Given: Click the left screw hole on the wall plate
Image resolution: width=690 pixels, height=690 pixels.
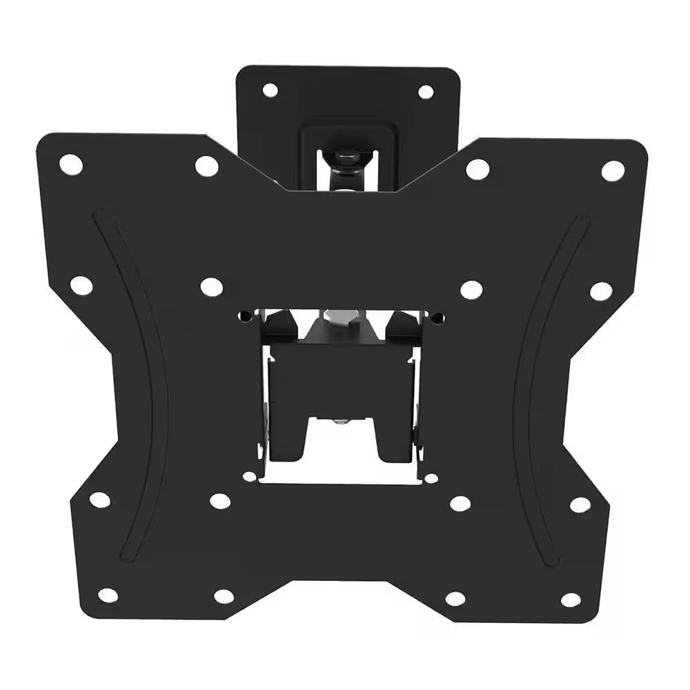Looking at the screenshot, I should [x=270, y=90].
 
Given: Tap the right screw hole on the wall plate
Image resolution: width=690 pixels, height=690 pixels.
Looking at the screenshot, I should [x=426, y=92].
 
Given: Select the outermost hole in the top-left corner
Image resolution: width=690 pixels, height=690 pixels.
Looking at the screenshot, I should [x=70, y=164].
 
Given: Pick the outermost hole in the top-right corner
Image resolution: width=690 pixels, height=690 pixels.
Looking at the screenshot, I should [x=612, y=170].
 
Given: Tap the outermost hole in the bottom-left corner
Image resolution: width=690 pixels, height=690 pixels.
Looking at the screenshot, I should [x=108, y=595].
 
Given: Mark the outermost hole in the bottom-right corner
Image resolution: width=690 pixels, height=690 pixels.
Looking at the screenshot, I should [x=570, y=600].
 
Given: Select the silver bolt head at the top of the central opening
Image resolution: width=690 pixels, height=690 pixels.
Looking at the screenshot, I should [x=343, y=319].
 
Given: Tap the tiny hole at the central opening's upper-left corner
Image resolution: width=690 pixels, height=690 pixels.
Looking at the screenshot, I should [x=244, y=317].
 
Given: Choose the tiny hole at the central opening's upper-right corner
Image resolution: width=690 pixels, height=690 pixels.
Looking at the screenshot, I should [x=437, y=318].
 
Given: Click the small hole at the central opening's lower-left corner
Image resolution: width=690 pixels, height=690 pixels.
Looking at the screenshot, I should [x=250, y=476].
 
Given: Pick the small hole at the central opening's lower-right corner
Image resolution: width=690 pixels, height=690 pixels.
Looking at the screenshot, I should [x=431, y=477].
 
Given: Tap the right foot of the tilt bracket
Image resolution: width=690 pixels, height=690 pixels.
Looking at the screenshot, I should [x=396, y=442].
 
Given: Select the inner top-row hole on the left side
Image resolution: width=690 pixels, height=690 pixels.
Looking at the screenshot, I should [x=206, y=166].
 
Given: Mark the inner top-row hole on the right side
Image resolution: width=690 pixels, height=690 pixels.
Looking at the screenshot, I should [x=477, y=169].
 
